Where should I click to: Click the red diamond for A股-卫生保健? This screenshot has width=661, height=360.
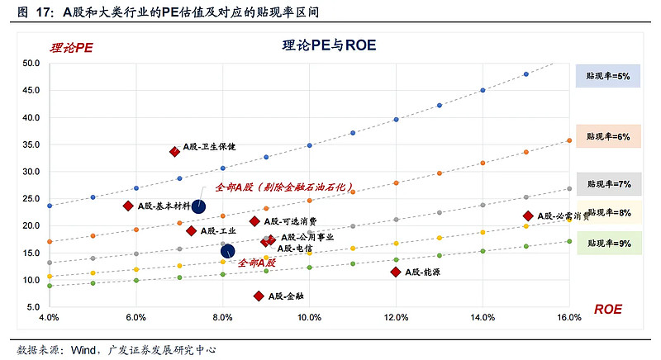pos(174,151)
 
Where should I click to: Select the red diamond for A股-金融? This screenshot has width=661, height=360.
pos(259,296)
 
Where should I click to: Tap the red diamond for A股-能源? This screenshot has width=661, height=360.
pos(397,272)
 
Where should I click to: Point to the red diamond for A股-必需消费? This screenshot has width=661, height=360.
pos(527,216)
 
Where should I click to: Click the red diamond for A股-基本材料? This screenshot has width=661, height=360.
pos(128,206)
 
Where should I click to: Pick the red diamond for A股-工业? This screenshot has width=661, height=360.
pos(191,230)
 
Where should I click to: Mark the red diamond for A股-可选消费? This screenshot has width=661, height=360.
pos(254,221)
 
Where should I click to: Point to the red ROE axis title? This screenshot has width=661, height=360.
pos(607,309)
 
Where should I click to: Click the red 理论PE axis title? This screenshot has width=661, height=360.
pos(72,47)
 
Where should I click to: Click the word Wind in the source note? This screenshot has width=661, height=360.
pos(84,350)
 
